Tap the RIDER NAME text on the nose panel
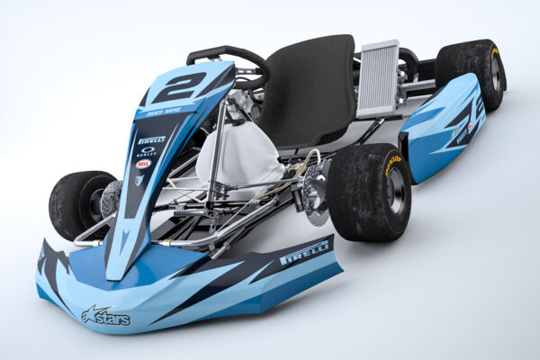tap(163, 112)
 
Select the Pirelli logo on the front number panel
tap(151, 139)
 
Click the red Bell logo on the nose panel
tap(143, 164)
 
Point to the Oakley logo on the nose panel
tap(147, 151)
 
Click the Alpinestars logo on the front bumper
tap(105, 316)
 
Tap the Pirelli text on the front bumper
tap(303, 254)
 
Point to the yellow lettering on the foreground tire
tap(392, 164)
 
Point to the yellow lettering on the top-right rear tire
tap(495, 54)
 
